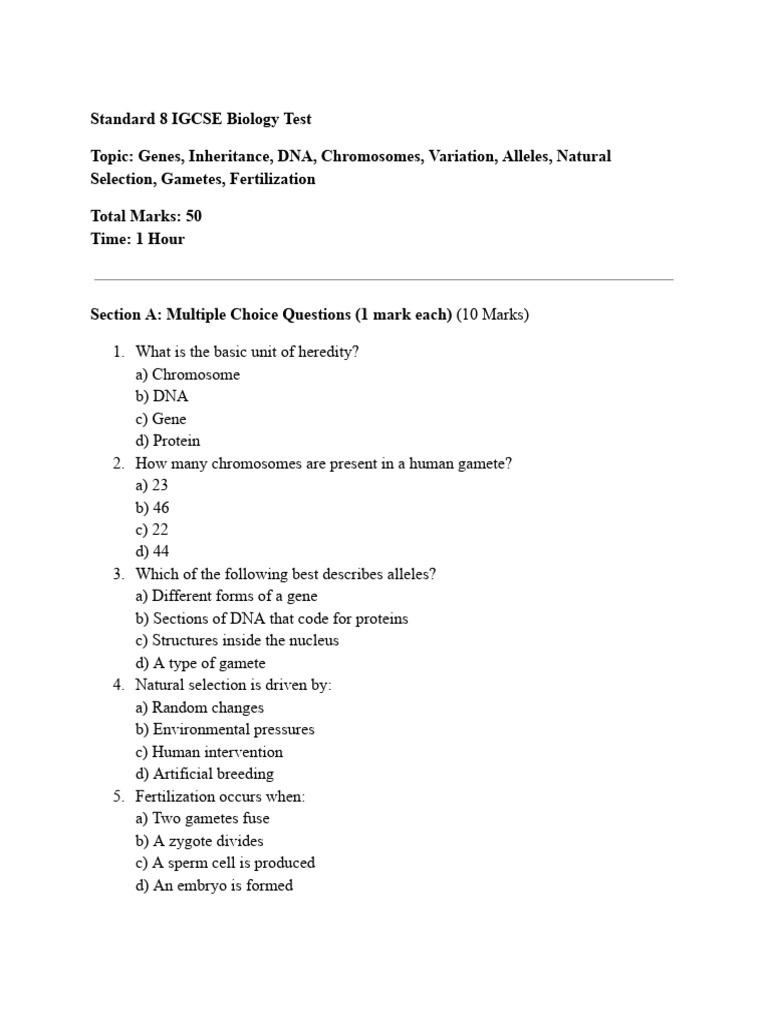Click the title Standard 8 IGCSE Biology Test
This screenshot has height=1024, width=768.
click(201, 119)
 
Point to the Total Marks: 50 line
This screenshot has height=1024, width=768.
click(146, 216)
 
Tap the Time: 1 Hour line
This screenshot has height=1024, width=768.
click(137, 239)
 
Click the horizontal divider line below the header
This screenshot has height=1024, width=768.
click(383, 280)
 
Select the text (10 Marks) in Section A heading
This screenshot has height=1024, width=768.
click(493, 315)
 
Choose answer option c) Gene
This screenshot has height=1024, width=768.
click(160, 419)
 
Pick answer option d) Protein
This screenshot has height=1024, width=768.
click(167, 441)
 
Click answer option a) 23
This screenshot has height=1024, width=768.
click(151, 485)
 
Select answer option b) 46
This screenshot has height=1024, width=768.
click(152, 508)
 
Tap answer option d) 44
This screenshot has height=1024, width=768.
click(152, 552)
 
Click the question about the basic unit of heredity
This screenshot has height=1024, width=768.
click(246, 352)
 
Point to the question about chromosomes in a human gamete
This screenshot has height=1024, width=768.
click(323, 464)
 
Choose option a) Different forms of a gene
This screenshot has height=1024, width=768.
click(226, 596)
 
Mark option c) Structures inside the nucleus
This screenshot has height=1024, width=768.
click(236, 640)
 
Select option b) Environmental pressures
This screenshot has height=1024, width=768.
click(224, 729)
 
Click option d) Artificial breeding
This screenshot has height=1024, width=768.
click(204, 774)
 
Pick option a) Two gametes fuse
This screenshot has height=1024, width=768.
click(202, 818)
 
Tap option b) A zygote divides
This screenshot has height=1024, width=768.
click(199, 841)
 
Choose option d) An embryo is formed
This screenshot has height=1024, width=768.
click(213, 885)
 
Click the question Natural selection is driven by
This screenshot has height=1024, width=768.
click(233, 685)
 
